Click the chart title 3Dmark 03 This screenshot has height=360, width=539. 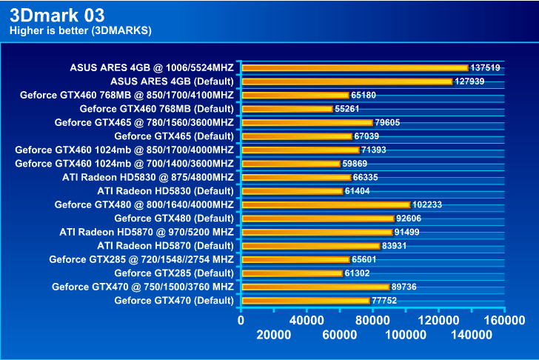point(53,15)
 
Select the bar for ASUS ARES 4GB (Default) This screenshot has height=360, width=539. point(346,81)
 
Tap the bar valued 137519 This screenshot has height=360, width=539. point(355,67)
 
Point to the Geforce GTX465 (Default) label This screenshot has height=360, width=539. point(174,136)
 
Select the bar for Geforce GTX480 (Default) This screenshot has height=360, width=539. point(318,218)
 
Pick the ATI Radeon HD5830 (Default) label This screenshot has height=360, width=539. point(165,190)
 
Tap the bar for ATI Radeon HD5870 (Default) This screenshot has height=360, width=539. point(310,245)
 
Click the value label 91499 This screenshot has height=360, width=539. point(408,232)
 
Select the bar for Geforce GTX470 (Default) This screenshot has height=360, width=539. point(305,300)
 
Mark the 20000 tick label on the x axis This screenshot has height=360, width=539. point(273,336)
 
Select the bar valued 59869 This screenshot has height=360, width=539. point(290,163)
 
